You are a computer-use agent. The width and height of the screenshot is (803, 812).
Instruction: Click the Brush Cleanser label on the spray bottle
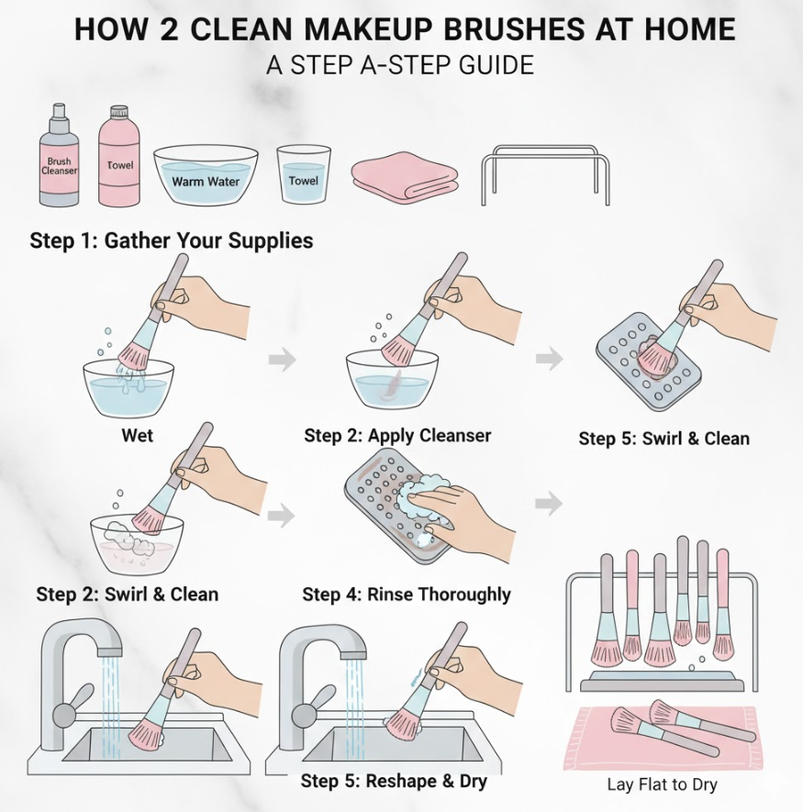[x=59, y=166]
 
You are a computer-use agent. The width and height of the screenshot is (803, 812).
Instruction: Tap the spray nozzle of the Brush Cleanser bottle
[x=59, y=111]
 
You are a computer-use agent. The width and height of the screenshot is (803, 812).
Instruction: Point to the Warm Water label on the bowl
[x=206, y=182]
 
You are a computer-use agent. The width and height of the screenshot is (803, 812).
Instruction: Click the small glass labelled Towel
[x=304, y=173]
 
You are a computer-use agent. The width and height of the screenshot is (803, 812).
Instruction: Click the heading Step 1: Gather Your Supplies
[x=172, y=240]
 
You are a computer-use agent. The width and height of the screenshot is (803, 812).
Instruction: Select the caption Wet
[x=138, y=435]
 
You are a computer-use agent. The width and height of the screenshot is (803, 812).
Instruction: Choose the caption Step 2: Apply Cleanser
[x=397, y=436]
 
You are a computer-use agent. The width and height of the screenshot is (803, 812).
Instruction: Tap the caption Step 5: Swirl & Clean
[x=664, y=439]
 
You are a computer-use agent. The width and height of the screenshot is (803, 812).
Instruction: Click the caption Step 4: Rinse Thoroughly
[x=407, y=595]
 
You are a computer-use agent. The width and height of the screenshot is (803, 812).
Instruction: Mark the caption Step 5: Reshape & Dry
[x=394, y=781]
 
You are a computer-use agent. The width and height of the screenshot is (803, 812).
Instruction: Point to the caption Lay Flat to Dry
[x=662, y=784]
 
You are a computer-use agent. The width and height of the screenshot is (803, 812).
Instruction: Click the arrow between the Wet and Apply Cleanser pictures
[x=283, y=360]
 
